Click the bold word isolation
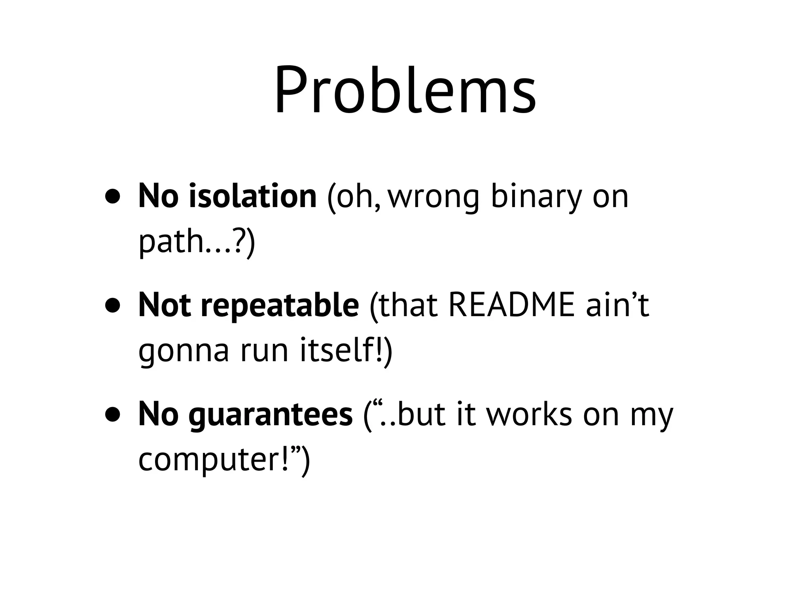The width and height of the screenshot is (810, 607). [x=253, y=196]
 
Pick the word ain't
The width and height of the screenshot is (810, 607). [x=617, y=305]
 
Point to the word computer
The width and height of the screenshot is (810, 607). [x=214, y=460]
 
